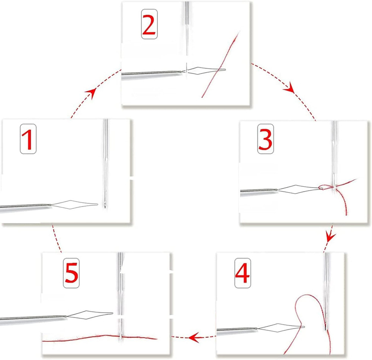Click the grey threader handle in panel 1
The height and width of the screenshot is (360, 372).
click(22, 207)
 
